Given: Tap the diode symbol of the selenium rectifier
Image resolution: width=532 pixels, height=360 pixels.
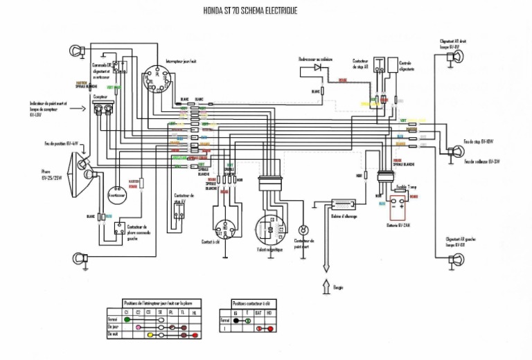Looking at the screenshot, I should (321, 72).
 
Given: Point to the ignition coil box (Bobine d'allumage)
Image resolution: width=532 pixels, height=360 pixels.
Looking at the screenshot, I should (342, 204).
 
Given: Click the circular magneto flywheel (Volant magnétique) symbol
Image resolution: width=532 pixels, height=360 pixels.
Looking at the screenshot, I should (267, 229).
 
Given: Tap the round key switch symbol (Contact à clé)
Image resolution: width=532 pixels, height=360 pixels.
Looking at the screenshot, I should (226, 228).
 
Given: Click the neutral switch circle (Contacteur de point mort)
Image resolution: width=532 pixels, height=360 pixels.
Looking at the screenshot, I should (302, 230).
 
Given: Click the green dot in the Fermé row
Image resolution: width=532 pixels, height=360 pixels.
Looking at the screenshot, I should (127, 319).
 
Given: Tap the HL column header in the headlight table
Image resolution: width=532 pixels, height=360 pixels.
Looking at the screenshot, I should (194, 312).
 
